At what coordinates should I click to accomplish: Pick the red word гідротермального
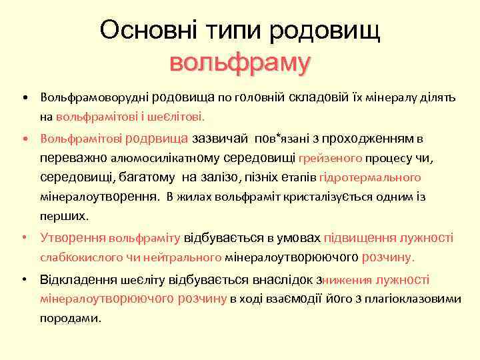click(370, 178)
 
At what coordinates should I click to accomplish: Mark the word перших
click(64, 217)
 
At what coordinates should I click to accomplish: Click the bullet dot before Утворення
click(24, 237)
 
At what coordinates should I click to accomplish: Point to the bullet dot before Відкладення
click(24, 280)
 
